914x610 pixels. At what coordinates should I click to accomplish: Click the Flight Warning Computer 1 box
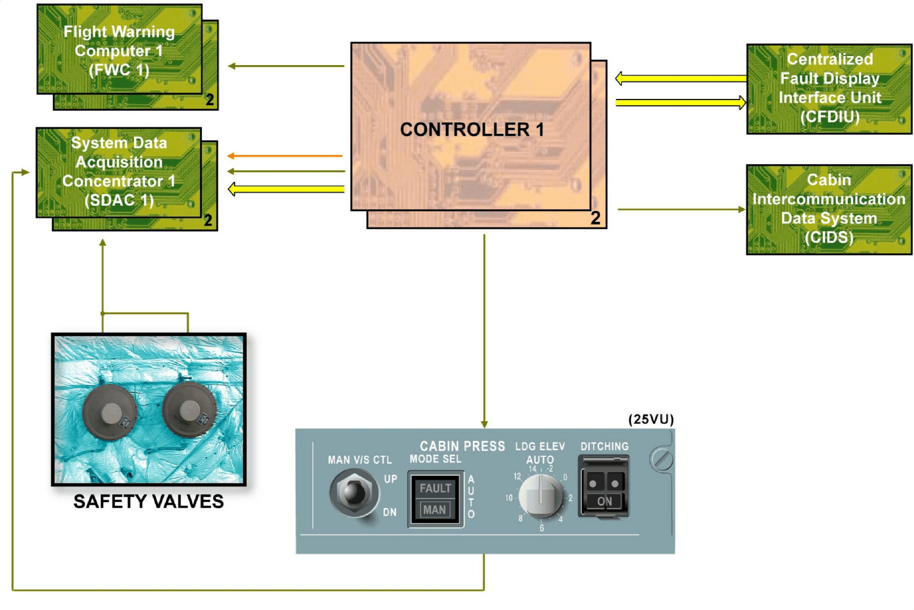[x=119, y=50]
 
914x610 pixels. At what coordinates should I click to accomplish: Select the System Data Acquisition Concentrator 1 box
[x=119, y=172]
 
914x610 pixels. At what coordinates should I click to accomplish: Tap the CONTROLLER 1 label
[x=472, y=130]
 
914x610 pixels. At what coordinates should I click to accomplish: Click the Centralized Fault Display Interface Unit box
[x=829, y=89]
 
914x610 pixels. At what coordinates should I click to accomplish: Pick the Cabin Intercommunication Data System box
[x=829, y=209]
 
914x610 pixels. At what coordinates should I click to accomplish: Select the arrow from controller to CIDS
[x=680, y=210]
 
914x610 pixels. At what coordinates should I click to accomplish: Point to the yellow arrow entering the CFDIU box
[x=680, y=103]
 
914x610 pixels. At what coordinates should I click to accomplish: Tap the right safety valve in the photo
[x=189, y=409]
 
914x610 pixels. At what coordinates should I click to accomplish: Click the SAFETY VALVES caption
[x=149, y=501]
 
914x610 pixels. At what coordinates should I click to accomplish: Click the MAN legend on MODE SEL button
[x=434, y=509]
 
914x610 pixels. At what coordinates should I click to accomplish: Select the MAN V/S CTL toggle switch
[x=353, y=492]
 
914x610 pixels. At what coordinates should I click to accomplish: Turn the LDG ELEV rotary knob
[x=540, y=496]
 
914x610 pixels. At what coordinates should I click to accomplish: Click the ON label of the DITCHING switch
[x=604, y=501]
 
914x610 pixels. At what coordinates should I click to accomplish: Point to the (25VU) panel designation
[x=651, y=419]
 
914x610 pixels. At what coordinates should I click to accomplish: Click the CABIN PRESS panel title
[x=462, y=446]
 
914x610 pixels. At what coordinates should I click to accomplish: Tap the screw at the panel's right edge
[x=662, y=459]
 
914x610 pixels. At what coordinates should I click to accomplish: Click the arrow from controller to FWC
[x=286, y=66]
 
